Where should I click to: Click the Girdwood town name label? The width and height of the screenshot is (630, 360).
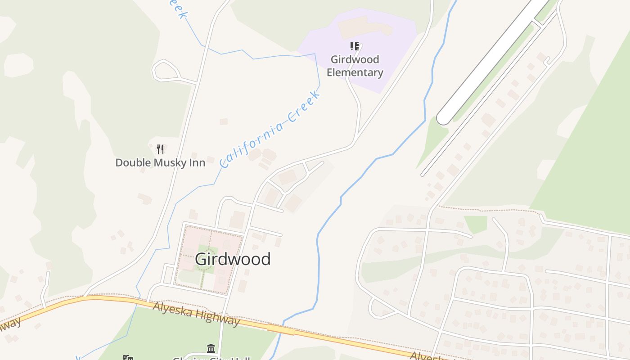coord(233,259)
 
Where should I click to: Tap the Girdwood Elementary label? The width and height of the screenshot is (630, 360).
coord(355,66)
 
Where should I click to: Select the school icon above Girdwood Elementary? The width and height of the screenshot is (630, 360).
coord(355,46)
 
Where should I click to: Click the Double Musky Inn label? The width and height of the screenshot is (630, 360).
coord(160,162)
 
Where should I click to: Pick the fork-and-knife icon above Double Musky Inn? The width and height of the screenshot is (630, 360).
coord(160,149)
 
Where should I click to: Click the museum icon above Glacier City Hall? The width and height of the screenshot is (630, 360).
coord(211,348)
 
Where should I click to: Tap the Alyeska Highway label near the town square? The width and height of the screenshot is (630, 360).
coord(196,313)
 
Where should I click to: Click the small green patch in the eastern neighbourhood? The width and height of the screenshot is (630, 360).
coord(475,224)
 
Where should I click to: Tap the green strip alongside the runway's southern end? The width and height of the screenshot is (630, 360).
coord(432,139)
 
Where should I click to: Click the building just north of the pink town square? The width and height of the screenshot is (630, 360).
coord(237,220)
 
